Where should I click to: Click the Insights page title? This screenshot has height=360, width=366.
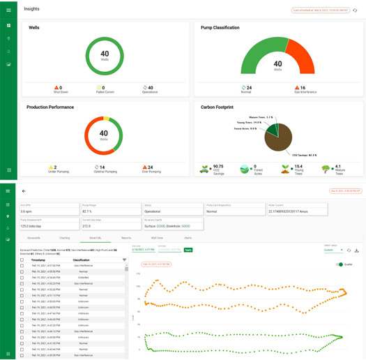pos(31,9)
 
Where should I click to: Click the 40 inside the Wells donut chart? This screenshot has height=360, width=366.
pos(104,54)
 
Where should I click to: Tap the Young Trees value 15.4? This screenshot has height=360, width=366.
pos(298,167)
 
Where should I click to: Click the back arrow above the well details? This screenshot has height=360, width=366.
pos(24,190)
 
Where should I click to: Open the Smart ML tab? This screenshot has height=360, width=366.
pos(96,238)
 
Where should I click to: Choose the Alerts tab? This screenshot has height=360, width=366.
pos(188,238)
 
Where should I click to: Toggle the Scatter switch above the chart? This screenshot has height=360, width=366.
pos(340,264)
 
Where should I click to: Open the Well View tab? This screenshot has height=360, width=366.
pos(157,238)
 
